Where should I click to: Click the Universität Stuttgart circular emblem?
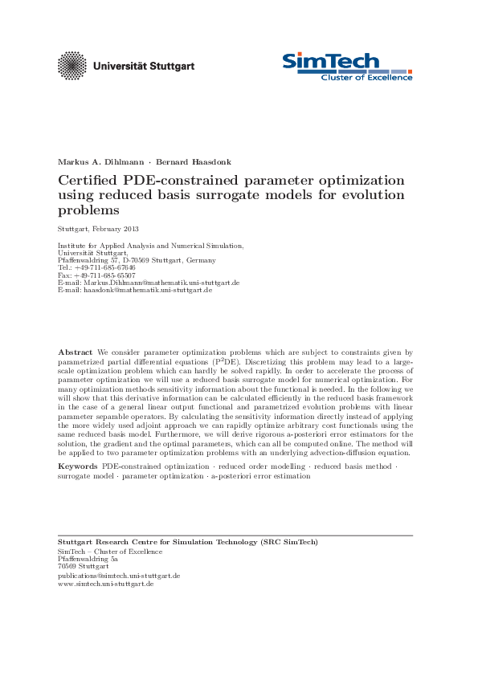(73, 65)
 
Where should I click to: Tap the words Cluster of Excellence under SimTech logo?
(366, 77)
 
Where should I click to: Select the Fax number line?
(96, 275)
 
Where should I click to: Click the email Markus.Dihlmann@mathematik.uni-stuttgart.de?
(149, 283)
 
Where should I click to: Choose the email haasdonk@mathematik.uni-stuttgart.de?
(135, 289)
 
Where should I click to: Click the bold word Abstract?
(76, 352)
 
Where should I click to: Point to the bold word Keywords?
(78, 466)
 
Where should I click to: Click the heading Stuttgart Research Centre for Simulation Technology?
(187, 543)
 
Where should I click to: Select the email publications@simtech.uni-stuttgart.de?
(119, 576)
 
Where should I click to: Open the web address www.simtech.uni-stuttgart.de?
(105, 584)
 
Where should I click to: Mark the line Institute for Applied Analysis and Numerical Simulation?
(150, 245)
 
